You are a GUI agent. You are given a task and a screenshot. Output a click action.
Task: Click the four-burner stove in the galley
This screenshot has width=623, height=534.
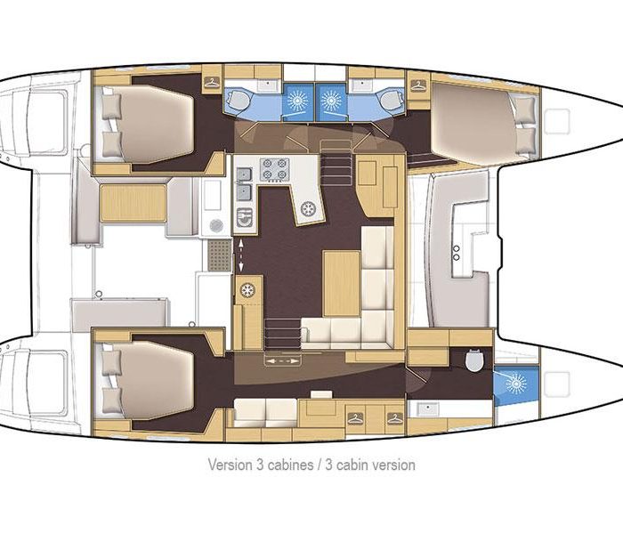click(274, 169)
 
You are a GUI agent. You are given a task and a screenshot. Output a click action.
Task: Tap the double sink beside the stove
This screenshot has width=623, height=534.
click(244, 184)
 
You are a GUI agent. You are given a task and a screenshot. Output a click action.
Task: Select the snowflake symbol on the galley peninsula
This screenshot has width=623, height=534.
click(308, 208)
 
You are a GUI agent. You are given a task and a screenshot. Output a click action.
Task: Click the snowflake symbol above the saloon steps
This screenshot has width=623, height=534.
click(247, 290)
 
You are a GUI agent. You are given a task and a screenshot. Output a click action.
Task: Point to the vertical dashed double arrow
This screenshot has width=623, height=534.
click(240, 255)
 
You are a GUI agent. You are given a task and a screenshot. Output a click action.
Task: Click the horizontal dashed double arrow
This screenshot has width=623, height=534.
click(282, 361)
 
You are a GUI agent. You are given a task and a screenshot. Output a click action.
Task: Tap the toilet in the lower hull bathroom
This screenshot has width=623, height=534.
click(474, 360)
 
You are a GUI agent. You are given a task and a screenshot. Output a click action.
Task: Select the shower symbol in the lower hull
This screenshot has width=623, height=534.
click(515, 384)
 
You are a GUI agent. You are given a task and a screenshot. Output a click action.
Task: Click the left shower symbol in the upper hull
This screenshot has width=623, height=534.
click(298, 101)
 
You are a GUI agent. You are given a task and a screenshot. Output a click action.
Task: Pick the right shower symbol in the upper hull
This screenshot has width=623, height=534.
click(331, 101)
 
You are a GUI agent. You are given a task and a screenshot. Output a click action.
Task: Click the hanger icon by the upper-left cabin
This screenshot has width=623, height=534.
click(212, 82)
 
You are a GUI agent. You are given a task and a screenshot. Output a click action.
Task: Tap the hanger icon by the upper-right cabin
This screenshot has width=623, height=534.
click(418, 85)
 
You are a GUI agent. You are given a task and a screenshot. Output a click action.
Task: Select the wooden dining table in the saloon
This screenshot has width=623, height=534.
click(342, 283)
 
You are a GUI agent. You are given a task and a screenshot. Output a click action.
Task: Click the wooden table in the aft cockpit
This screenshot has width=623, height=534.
click(133, 203)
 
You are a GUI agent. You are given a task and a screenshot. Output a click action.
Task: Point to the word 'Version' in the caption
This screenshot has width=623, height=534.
click(230, 464)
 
